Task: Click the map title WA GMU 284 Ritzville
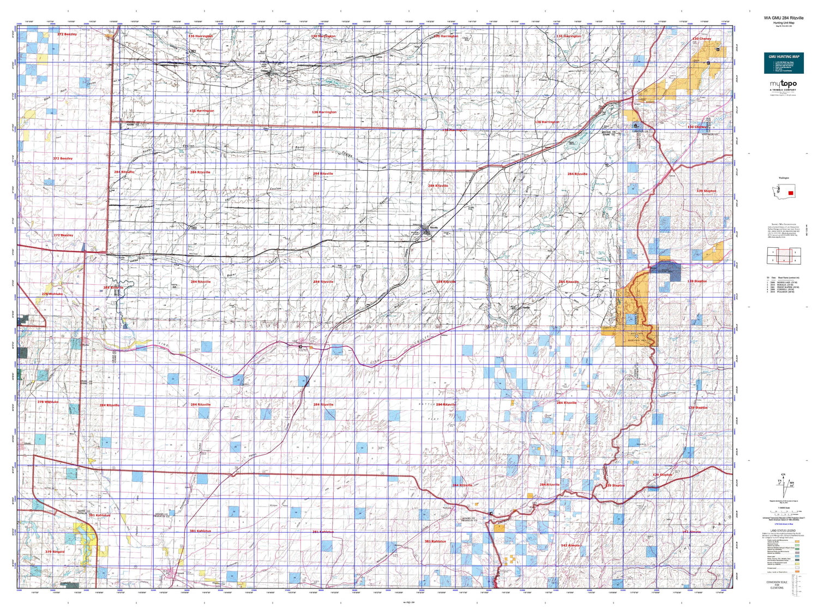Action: [783, 18]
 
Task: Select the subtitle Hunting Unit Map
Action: [783, 23]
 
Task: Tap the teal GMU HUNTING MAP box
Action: [784, 63]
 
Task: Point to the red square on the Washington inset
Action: [790, 193]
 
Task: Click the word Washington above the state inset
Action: [784, 178]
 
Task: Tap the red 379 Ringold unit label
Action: [55, 552]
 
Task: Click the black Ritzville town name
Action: [434, 228]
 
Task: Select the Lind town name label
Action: [295, 342]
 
